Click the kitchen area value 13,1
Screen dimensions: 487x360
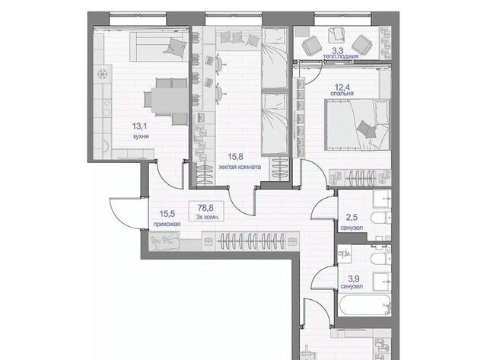tap(139, 126)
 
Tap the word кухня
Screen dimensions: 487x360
tap(141, 136)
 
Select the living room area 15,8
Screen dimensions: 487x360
tap(236, 157)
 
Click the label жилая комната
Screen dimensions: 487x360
tap(240, 167)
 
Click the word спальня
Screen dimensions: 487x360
tap(342, 94)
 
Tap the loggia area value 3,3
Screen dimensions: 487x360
tap(338, 50)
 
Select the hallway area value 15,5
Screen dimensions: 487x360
tap(167, 214)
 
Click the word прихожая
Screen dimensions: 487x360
tap(167, 224)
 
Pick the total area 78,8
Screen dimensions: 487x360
tap(205, 208)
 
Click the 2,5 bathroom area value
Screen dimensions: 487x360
tap(352, 218)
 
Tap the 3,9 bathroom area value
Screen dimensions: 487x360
tap(352, 279)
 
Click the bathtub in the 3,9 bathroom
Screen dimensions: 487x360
tap(364, 305)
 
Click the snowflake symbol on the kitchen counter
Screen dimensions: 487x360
tap(102, 74)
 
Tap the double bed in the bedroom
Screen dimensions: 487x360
tap(357, 125)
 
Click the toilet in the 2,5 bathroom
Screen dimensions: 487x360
tap(380, 218)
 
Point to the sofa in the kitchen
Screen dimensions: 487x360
tap(159, 46)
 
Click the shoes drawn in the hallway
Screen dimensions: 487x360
tap(164, 240)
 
